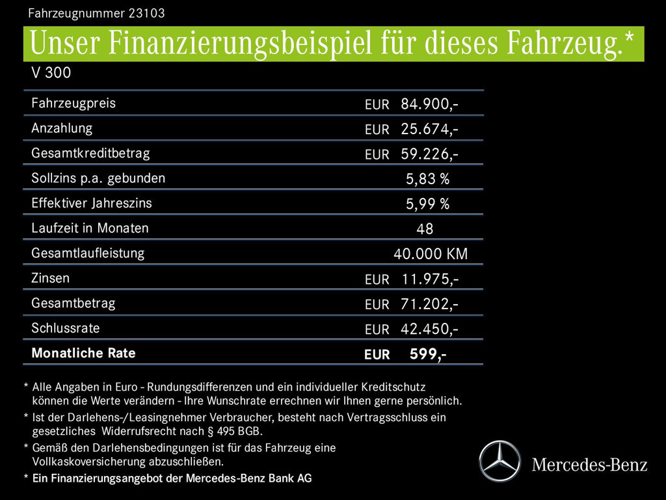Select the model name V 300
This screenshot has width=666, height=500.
pos(51,73)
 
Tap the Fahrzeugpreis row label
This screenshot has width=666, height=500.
pos(73,103)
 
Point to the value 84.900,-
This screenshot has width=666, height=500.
pos(429,104)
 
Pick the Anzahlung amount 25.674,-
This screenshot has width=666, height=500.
pos(429,129)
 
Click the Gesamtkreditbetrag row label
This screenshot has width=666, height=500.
pos(90,153)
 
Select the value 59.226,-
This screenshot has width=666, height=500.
pos(429,154)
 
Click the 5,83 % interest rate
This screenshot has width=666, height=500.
pos(427,179)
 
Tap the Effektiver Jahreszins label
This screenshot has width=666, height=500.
pos(92,203)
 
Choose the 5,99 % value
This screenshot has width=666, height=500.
pos(427,204)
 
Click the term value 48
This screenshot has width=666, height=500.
pos(425,229)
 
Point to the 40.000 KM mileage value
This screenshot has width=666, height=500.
pos(430,254)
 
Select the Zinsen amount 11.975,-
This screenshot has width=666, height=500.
pos(429,279)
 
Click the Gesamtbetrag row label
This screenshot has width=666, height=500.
pos(73,303)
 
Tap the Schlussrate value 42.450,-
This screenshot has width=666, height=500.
pos(429,329)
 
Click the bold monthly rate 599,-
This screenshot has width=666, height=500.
pos(427,354)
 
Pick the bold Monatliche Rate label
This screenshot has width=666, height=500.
pos(83,353)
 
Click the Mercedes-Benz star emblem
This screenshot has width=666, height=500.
pos(499,461)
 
